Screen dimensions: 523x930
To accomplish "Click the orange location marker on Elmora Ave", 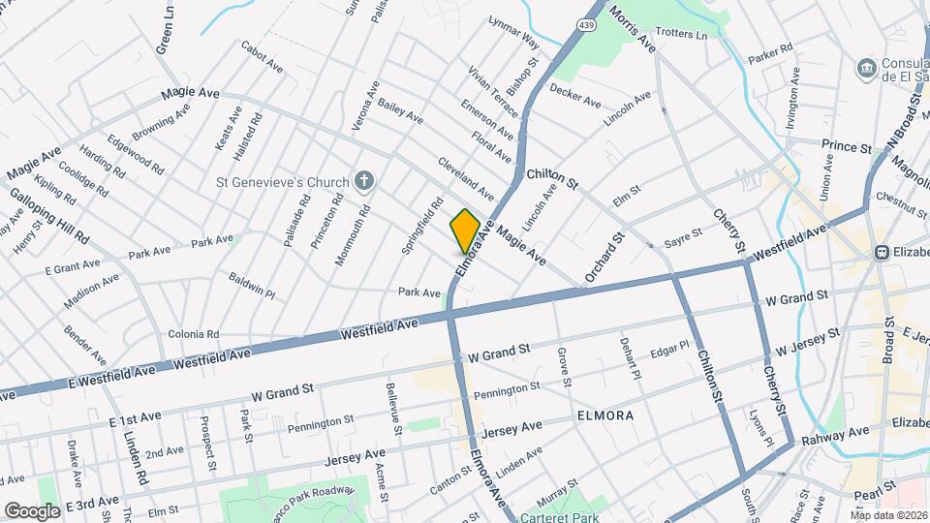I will (465, 231).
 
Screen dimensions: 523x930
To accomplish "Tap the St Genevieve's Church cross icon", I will (364, 180).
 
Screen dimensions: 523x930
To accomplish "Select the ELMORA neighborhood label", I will (604, 415).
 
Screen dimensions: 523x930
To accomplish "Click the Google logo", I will (32, 510).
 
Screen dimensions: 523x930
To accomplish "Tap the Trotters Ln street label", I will (683, 35).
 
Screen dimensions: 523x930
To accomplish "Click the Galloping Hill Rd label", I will (49, 215).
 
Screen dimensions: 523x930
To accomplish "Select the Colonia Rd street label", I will (193, 334).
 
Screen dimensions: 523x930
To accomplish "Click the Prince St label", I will (847, 146).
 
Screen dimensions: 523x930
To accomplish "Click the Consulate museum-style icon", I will (866, 69).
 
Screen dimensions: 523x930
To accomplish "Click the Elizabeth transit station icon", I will (883, 252).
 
